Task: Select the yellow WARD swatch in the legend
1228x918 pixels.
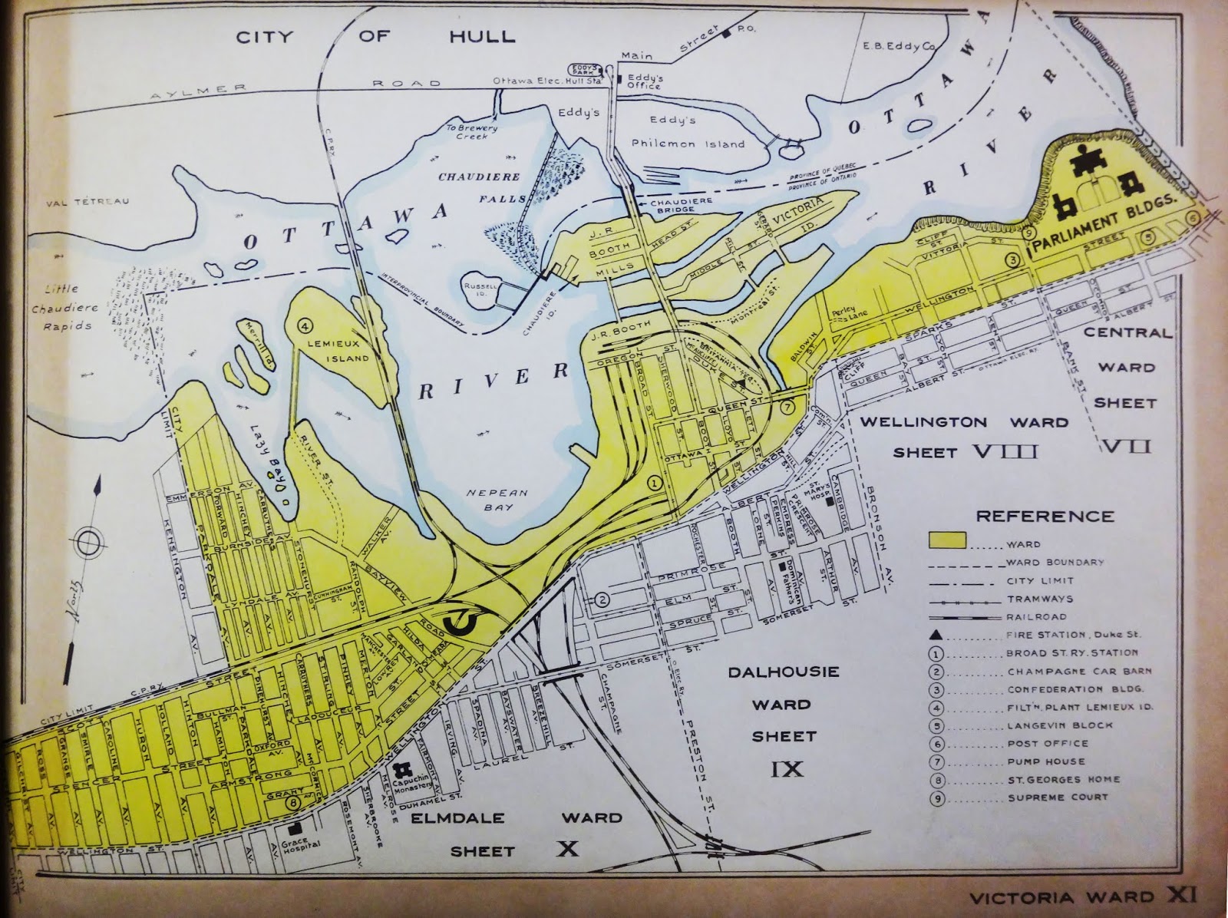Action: pos(946,540)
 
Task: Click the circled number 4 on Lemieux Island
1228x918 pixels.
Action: pos(305,325)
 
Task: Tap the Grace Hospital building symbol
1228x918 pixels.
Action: pos(294,830)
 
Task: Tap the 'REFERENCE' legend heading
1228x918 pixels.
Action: pos(1045,516)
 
